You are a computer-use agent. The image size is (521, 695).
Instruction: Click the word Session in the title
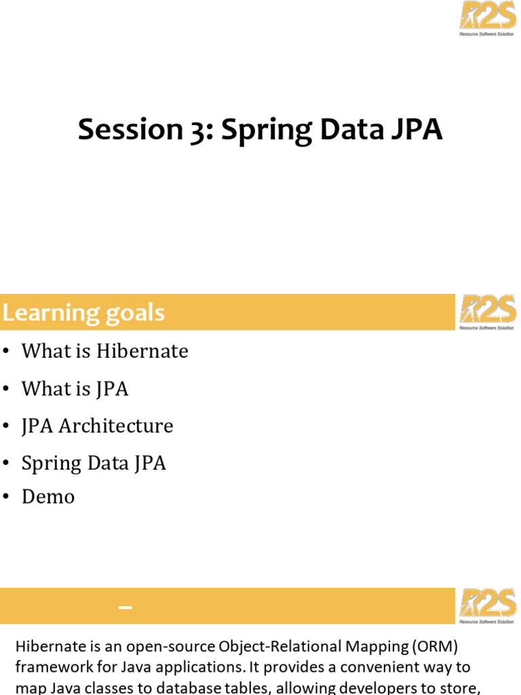point(130,130)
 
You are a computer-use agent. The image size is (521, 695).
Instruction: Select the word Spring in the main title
point(267,131)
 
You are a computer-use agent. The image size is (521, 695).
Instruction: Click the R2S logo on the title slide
point(487,18)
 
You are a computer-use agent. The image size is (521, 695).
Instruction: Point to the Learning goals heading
point(83,312)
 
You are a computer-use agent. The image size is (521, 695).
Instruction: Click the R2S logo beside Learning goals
point(487,312)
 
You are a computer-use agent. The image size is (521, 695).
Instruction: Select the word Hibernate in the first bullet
point(142,351)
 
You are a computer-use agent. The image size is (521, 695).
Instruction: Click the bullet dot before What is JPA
point(5,389)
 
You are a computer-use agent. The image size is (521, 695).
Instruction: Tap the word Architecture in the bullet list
point(115,426)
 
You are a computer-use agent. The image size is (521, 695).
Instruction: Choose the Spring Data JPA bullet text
point(94,464)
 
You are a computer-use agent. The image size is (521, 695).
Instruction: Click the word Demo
point(48,497)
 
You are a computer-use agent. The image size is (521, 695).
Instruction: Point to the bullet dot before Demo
point(5,497)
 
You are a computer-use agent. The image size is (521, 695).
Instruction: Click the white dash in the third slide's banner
point(126,607)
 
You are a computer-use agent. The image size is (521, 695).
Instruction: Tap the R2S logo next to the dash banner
point(487,606)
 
